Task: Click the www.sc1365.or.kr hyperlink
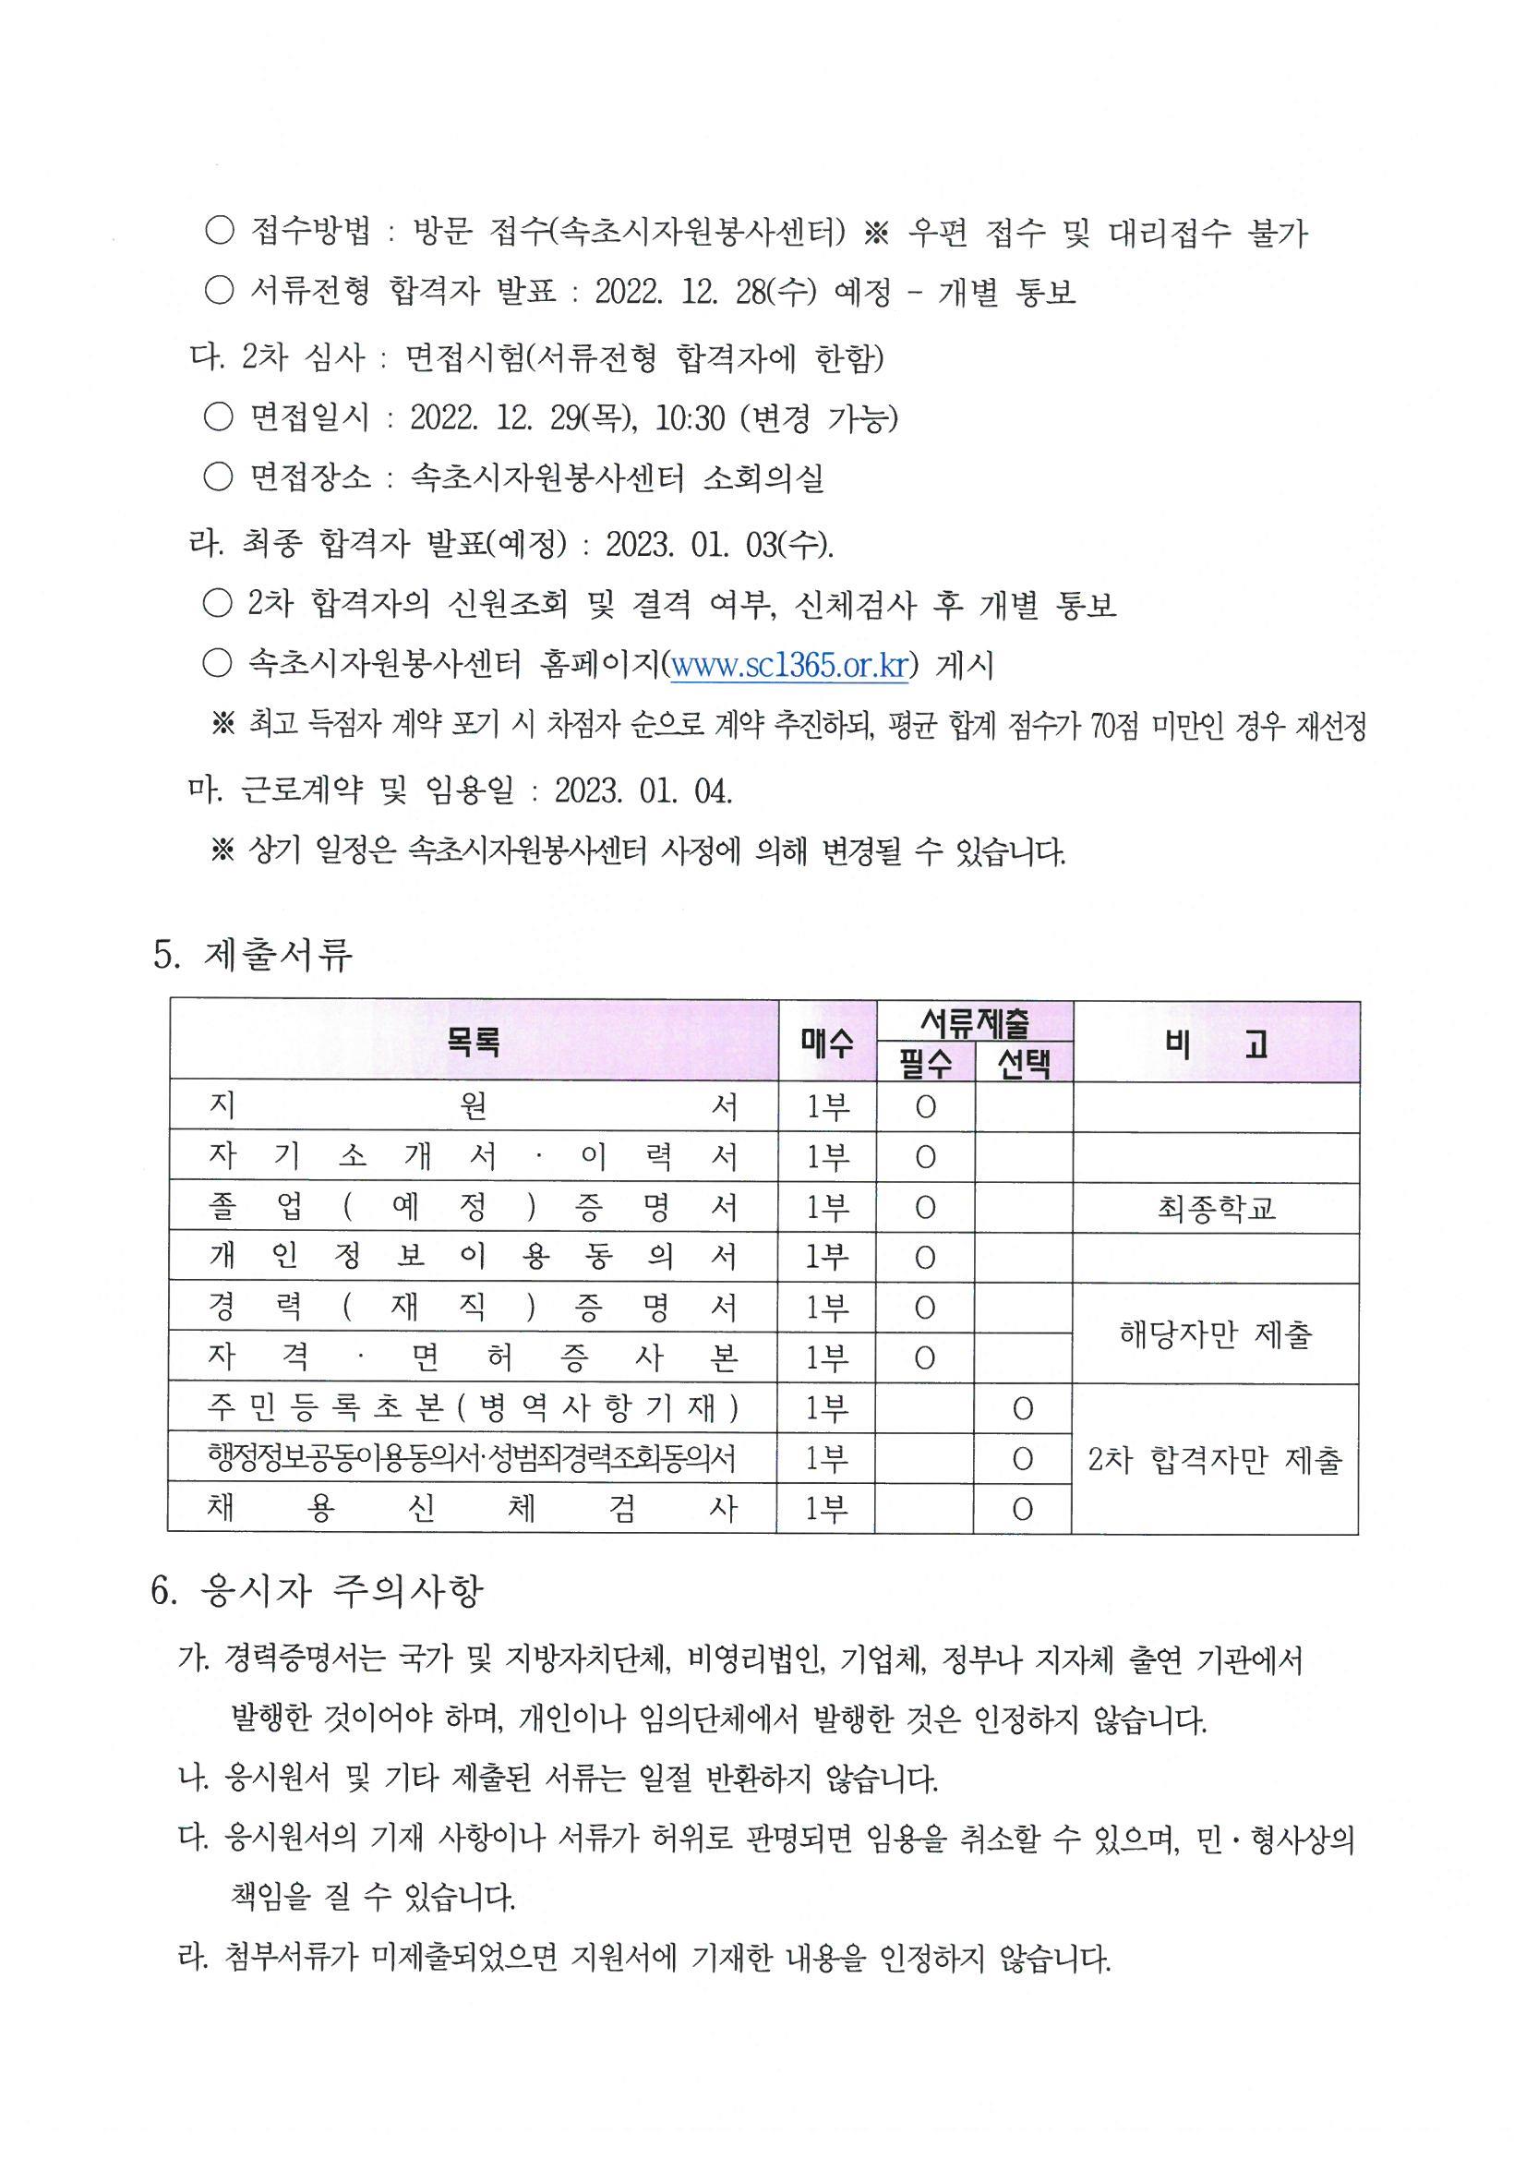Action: pos(789,665)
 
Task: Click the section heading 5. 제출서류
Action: pos(253,955)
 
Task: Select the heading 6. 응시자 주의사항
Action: pos(317,1590)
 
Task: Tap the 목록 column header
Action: pos(474,1041)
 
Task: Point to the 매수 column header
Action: pos(827,1042)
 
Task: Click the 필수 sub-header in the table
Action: pos(926,1064)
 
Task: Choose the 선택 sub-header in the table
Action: pos(1024,1064)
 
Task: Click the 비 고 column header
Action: pos(1216,1042)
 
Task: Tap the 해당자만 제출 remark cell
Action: pos(1216,1333)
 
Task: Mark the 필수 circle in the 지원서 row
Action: pos(925,1108)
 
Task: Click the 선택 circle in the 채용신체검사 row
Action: pos(1023,1509)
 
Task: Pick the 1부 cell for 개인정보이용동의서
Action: pos(827,1258)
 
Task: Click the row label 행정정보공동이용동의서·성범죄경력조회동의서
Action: pos(472,1458)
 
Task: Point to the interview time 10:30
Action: pos(691,417)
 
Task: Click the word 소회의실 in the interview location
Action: pos(763,478)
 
